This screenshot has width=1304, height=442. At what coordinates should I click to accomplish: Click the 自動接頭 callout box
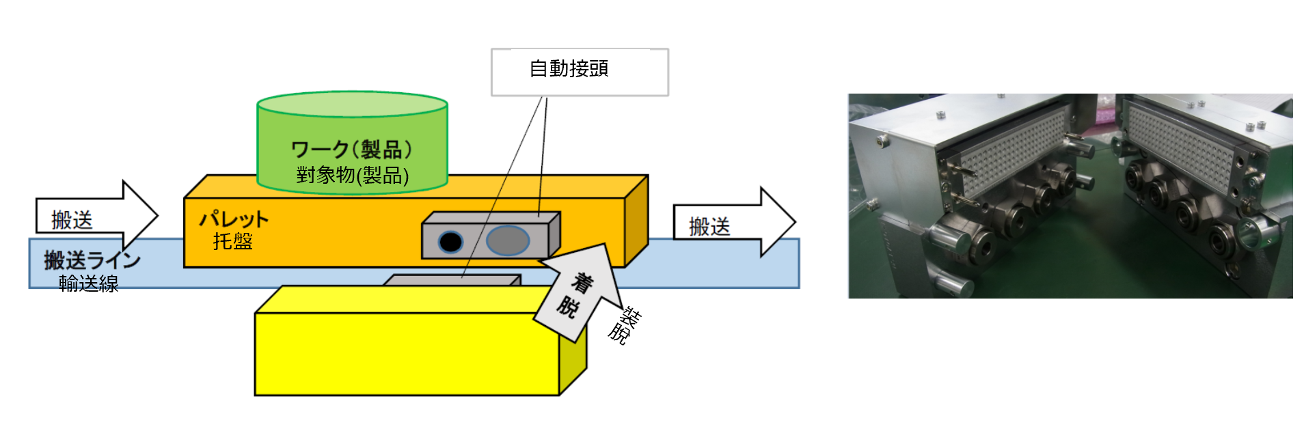click(580, 72)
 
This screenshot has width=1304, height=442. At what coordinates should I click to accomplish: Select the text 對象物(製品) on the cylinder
click(352, 176)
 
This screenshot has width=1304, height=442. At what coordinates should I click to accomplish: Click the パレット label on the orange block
click(234, 219)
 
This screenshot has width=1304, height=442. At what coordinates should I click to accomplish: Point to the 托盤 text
click(232, 242)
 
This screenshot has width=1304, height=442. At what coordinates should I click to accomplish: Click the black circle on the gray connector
click(450, 241)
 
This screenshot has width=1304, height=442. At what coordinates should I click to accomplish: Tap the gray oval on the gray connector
click(508, 240)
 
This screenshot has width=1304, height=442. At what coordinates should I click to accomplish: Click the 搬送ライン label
click(92, 260)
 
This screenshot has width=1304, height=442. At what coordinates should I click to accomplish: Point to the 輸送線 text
click(89, 283)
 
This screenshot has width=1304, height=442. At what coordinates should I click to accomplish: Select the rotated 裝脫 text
click(623, 326)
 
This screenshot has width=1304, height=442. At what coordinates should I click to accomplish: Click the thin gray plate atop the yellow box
click(451, 280)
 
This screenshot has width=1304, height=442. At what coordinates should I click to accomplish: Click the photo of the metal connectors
click(1070, 195)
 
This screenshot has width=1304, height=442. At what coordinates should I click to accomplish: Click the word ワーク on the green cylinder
click(320, 149)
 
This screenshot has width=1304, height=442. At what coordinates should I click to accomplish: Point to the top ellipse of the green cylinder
click(352, 105)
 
